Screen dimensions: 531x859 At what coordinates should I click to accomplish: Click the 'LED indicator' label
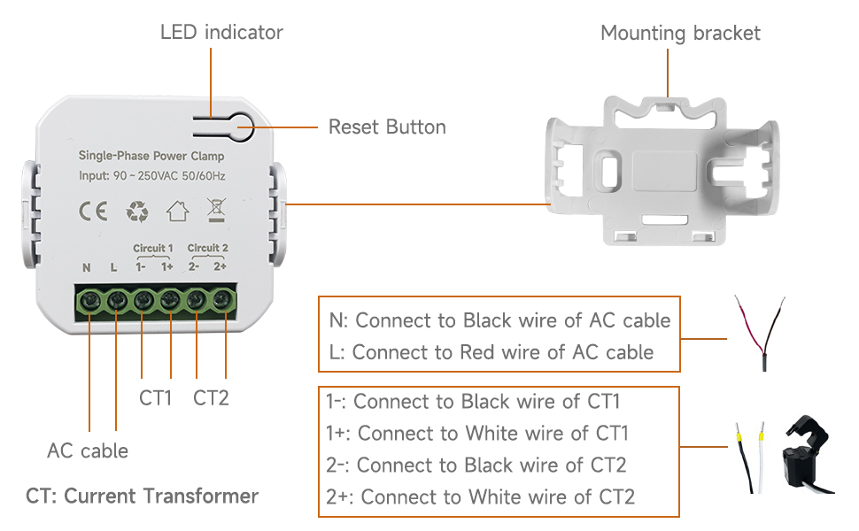coord(221,33)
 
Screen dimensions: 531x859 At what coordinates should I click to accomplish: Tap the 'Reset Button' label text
coord(387,127)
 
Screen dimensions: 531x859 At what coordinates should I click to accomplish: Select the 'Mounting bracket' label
coord(680,34)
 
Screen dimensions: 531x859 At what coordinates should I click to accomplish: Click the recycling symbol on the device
coord(138,212)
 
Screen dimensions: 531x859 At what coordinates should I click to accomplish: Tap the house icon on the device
coord(178,212)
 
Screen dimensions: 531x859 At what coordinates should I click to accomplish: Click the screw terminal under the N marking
coord(90,302)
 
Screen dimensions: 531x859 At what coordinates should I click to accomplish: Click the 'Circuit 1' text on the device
coord(153,248)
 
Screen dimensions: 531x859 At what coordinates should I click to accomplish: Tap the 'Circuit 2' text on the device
coord(208,248)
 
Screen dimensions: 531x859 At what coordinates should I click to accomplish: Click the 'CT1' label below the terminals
coord(155,398)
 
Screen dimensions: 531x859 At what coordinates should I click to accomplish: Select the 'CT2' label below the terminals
coord(211,398)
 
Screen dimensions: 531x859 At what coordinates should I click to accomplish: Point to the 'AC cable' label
coord(88,450)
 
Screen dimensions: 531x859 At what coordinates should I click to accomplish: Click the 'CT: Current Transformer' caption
coord(143,496)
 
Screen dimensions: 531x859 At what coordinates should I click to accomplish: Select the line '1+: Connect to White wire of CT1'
coord(477,433)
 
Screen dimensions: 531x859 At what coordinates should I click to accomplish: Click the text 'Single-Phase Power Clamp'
coord(151,156)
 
